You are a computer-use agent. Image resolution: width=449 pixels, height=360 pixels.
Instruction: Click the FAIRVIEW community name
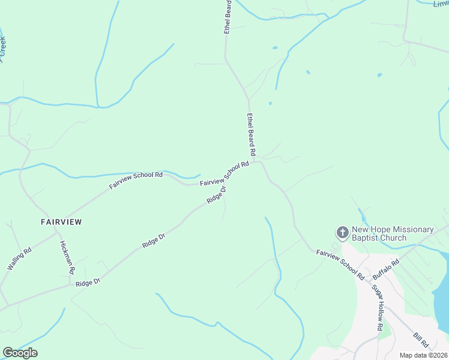pyautogui.click(x=61, y=221)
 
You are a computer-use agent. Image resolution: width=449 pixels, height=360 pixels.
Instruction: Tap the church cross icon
pyautogui.click(x=342, y=232)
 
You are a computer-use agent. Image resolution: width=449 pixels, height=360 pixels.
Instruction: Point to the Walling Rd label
pyautogui.click(x=19, y=259)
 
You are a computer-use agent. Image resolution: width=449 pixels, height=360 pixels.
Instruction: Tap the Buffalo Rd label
pyautogui.click(x=386, y=269)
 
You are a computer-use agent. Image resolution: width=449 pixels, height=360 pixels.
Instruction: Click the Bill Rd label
pyautogui.click(x=421, y=341)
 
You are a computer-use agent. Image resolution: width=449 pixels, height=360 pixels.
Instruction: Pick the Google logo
pyautogui.click(x=20, y=353)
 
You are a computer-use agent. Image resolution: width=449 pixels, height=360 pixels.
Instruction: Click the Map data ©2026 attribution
pyautogui.click(x=423, y=355)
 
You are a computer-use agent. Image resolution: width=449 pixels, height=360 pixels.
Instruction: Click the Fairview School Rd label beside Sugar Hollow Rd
pyautogui.click(x=340, y=265)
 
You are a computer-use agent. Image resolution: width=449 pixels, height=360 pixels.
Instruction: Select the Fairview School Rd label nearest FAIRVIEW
pyautogui.click(x=136, y=181)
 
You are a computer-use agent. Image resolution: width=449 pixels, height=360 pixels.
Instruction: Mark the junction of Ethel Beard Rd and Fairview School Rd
pyautogui.click(x=256, y=161)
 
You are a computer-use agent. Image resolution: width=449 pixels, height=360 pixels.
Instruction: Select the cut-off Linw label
pyautogui.click(x=441, y=4)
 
